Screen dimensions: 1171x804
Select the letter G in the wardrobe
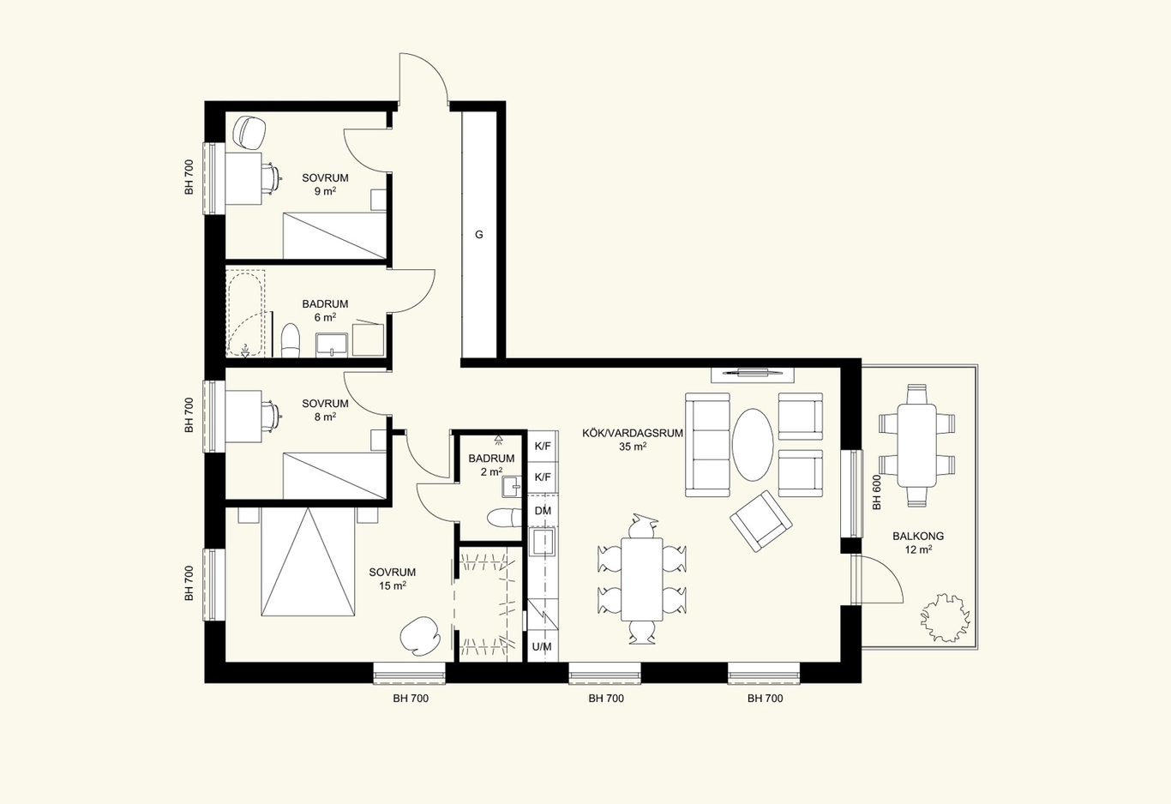tap(479, 235)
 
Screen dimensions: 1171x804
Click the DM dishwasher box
tap(543, 510)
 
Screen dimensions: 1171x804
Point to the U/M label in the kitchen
tap(542, 646)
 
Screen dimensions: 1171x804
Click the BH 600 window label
tap(877, 492)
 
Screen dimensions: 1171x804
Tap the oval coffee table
tap(753, 445)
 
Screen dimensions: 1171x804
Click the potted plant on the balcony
tap(946, 617)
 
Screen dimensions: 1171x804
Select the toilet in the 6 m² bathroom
tap(291, 340)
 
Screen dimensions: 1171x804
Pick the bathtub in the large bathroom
tap(246, 314)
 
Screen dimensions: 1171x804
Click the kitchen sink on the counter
tap(543, 542)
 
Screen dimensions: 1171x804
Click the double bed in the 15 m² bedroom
tap(309, 561)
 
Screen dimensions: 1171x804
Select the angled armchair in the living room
tap(760, 520)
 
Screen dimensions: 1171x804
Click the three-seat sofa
tap(707, 445)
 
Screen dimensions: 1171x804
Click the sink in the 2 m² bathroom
tap(511, 487)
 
